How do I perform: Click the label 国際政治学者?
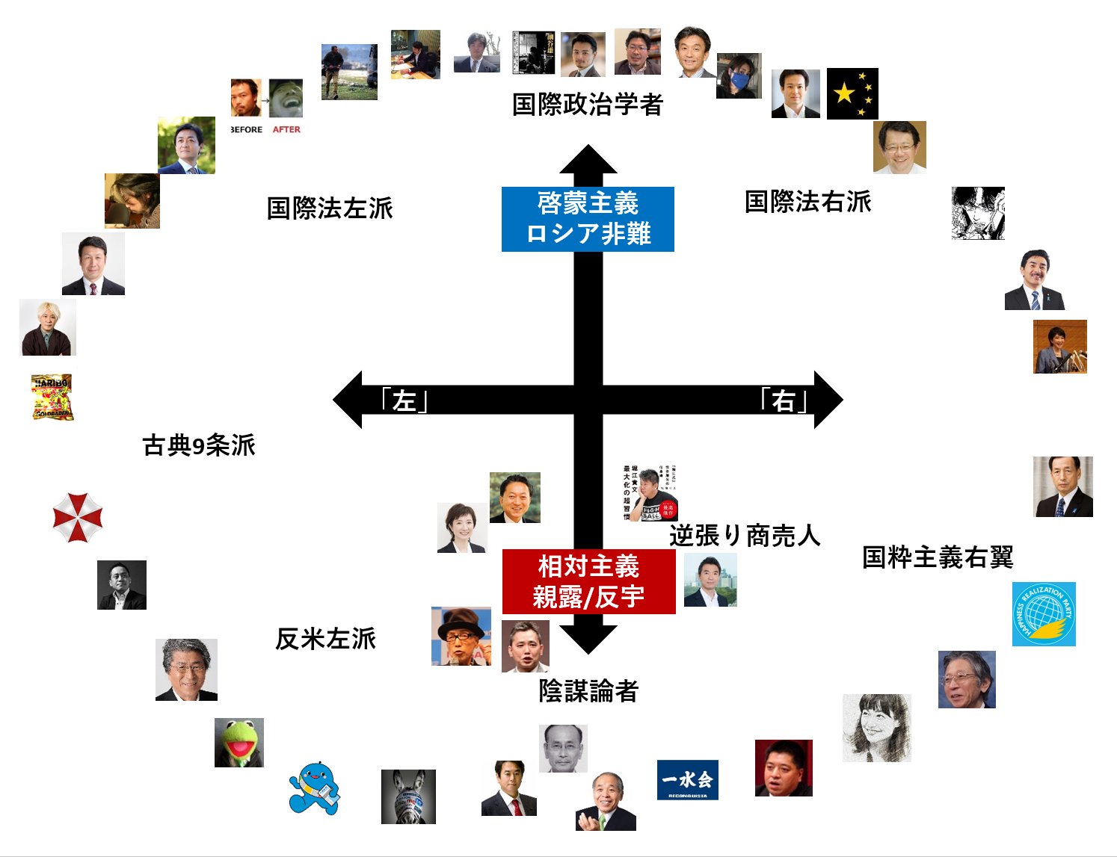[588, 105]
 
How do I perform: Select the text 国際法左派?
[330, 208]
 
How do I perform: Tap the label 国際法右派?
[808, 202]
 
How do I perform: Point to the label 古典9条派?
[199, 445]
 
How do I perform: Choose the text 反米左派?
[325, 639]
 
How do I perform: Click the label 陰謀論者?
[588, 691]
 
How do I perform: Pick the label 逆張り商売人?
[745, 535]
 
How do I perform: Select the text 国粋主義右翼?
[938, 557]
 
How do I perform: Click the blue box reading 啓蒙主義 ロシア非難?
[588, 219]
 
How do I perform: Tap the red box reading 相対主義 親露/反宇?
[588, 581]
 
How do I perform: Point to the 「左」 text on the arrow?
[404, 400]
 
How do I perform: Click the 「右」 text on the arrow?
[783, 400]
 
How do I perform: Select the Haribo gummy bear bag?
[52, 397]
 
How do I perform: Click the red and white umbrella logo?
[78, 517]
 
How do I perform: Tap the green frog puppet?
[239, 743]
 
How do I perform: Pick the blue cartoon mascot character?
[315, 788]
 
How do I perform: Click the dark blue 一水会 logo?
[687, 780]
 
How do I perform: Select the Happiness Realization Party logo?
[1044, 614]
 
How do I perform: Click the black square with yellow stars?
[852, 93]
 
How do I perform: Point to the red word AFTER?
[286, 129]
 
